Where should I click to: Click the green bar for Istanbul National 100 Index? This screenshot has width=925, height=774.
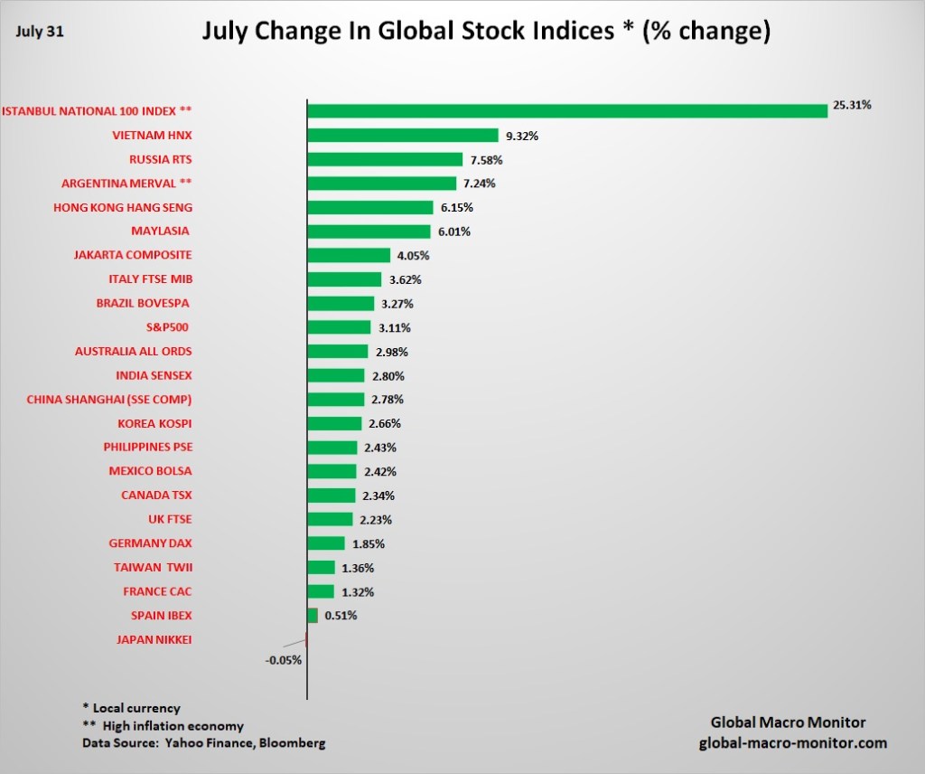coord(567,110)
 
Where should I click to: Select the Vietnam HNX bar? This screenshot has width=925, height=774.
coord(403,135)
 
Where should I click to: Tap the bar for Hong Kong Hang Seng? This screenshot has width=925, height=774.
coord(370,207)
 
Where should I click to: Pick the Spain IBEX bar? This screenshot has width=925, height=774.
coord(313,616)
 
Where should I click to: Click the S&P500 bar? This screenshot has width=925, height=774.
coord(339,327)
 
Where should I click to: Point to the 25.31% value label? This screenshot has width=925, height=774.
coord(852,105)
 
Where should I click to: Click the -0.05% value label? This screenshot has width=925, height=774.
coord(284,660)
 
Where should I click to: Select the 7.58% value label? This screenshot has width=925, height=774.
coord(485,160)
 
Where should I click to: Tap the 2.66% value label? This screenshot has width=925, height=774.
coord(384,423)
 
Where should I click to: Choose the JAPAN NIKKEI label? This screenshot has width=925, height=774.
coord(154,639)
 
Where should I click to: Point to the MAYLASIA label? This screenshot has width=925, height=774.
coord(162,231)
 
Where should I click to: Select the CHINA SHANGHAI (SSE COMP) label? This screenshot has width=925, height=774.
coord(109,399)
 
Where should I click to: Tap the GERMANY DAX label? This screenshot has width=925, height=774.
coord(151,543)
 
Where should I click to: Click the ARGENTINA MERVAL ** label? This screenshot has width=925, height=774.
coord(126,183)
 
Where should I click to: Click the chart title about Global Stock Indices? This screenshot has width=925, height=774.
coord(486,32)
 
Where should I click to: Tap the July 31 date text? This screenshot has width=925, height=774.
coord(38,31)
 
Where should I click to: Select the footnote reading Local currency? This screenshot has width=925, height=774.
coord(132,708)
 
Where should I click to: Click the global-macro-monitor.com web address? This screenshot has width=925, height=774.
coord(793,743)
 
